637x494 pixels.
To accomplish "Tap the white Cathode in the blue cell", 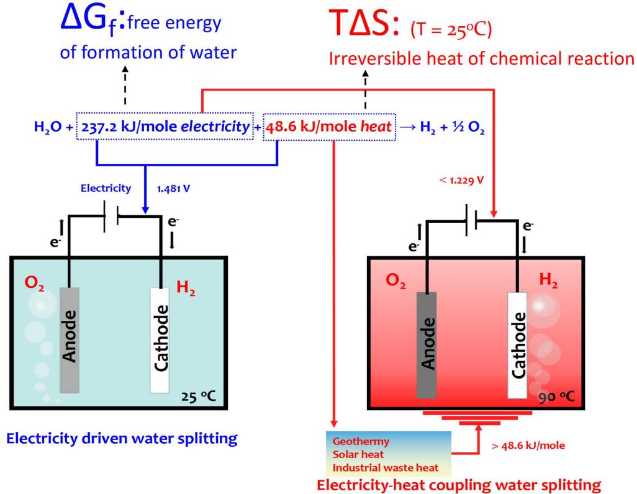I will pyautogui.click(x=160, y=339).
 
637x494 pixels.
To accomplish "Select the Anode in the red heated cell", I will pyautogui.click(x=427, y=341).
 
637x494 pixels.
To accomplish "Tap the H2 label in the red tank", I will pyautogui.click(x=549, y=281).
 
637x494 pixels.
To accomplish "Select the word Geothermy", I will pyautogui.click(x=361, y=442).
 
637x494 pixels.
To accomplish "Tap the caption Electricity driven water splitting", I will pyautogui.click(x=122, y=439).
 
